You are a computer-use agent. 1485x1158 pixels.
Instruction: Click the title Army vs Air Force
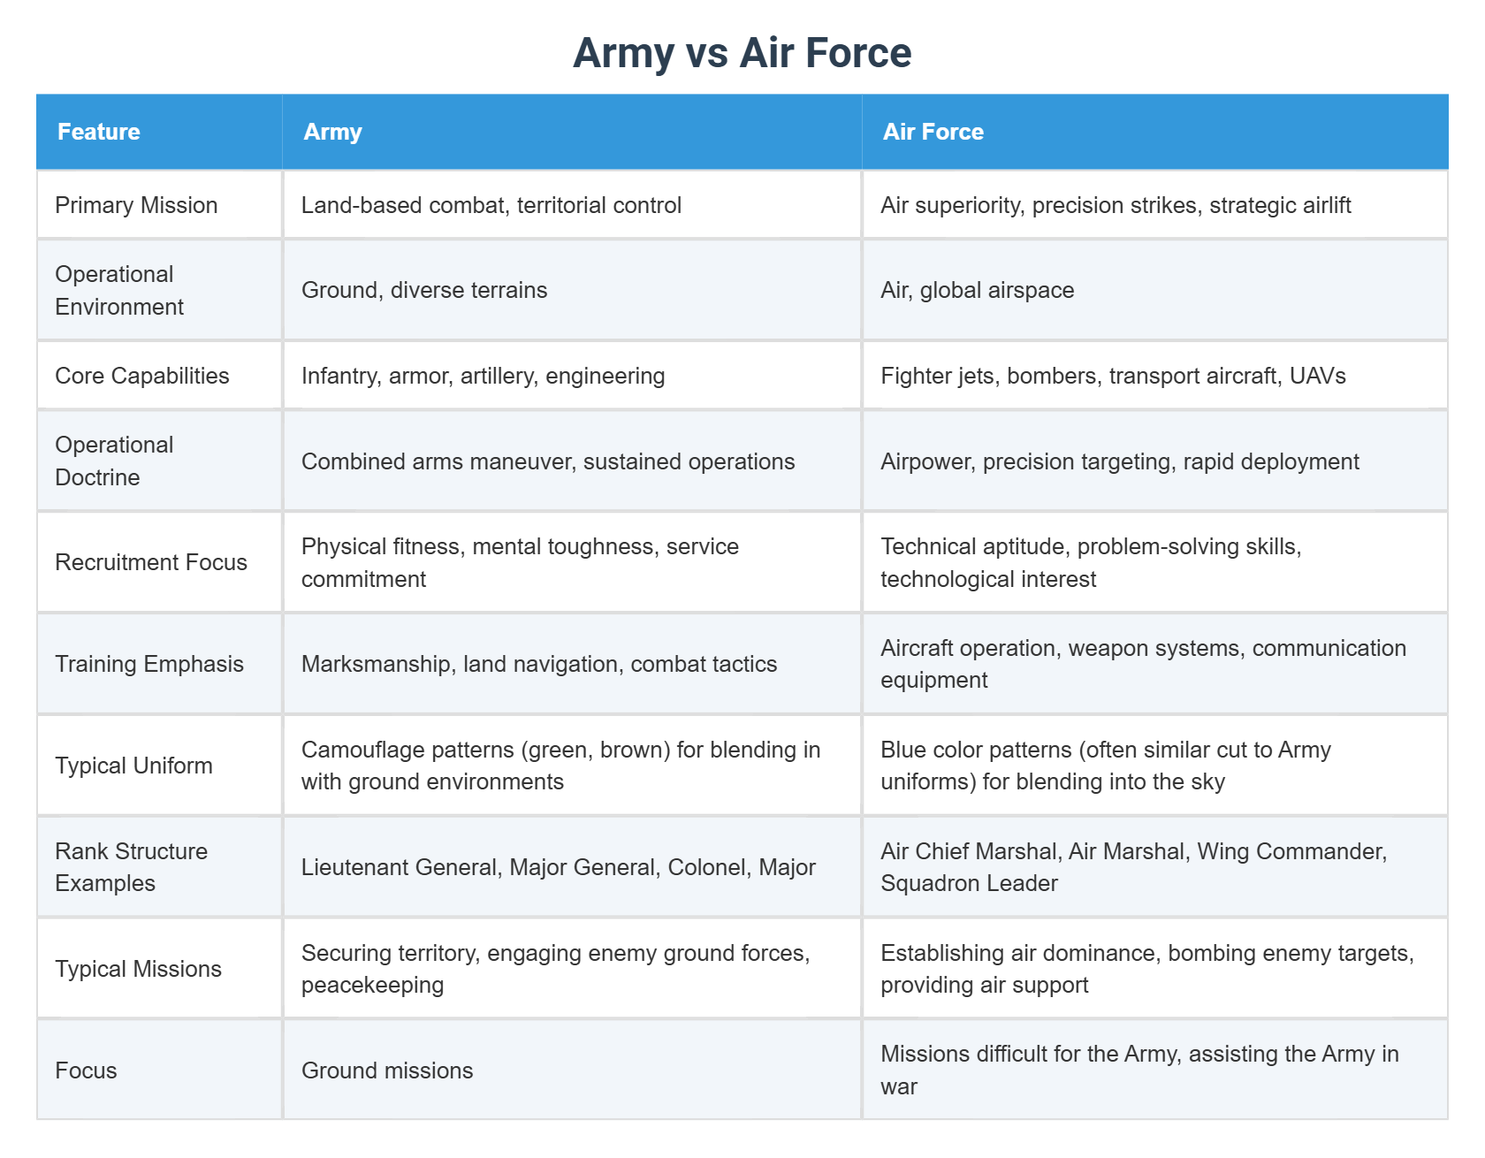coord(742,53)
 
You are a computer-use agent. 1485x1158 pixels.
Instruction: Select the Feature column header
coord(99,132)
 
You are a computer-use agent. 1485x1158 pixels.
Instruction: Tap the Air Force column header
coord(933,132)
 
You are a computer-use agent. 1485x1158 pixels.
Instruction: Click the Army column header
coord(332,132)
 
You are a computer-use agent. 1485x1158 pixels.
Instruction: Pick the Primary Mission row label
coord(136,205)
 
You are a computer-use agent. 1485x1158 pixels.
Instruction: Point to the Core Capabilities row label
coord(141,376)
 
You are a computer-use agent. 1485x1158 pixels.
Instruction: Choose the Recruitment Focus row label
coord(151,562)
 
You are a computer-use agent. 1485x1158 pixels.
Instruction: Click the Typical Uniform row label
coord(133,766)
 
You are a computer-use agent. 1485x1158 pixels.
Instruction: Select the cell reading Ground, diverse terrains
coord(424,290)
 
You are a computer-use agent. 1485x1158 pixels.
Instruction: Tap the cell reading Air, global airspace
coord(977,290)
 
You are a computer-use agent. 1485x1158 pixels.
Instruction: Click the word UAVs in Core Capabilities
coord(1317,376)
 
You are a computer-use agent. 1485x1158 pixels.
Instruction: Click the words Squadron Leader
coord(969,883)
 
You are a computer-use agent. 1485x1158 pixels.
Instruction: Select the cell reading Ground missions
coord(387,1070)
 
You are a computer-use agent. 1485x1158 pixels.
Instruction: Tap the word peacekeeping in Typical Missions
coord(372,985)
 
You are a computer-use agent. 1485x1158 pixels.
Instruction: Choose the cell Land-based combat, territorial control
coord(491,205)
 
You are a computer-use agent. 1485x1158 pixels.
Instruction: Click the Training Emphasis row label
coord(149,664)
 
